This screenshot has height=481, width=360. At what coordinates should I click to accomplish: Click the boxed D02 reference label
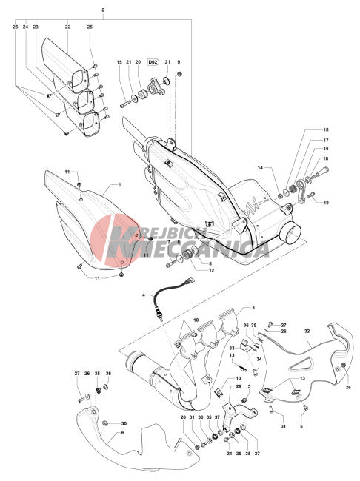click(153, 62)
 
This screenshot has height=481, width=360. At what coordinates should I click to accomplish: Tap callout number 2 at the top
click(103, 10)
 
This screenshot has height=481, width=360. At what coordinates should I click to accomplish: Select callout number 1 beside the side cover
click(120, 185)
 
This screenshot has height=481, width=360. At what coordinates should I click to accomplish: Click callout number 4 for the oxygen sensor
click(144, 295)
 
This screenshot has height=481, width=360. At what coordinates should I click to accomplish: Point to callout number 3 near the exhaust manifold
click(253, 307)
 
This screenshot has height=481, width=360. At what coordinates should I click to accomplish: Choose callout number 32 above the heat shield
click(307, 332)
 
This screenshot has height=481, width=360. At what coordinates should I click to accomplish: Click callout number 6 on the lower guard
click(122, 433)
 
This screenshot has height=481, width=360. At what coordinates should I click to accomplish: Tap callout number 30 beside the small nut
click(124, 423)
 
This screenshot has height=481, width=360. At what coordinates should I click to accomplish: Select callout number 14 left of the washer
click(261, 168)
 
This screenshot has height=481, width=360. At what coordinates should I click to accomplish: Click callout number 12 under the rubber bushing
click(211, 271)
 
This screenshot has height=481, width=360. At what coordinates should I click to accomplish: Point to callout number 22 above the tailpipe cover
click(68, 27)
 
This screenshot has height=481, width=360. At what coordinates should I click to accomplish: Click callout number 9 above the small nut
click(179, 62)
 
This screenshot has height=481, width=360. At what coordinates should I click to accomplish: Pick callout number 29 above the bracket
click(239, 386)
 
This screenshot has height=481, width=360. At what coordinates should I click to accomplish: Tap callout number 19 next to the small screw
click(326, 203)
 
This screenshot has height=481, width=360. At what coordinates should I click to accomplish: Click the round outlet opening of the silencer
click(293, 234)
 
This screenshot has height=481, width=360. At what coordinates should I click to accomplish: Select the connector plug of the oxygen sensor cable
click(188, 280)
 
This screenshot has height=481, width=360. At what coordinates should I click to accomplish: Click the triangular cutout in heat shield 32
click(301, 364)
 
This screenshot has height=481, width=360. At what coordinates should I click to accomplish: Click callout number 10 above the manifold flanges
click(196, 320)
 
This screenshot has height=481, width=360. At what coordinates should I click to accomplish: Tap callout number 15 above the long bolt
click(119, 62)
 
